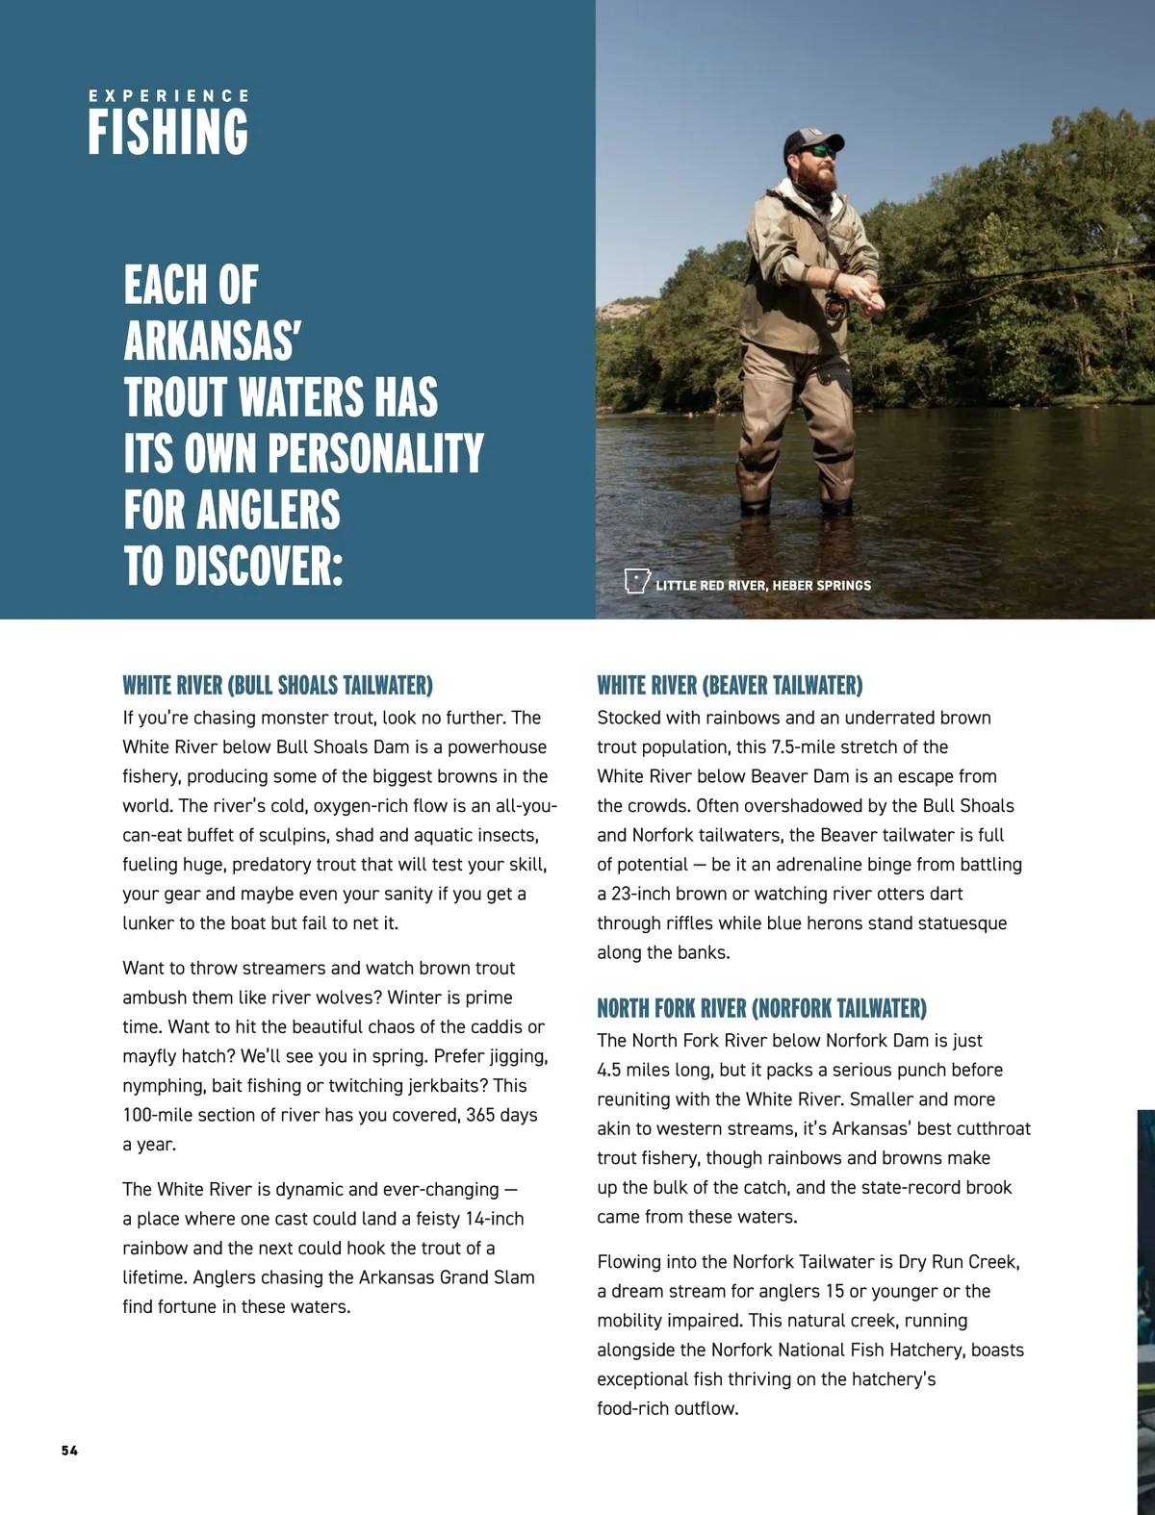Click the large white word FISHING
(x=168, y=133)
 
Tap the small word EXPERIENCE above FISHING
(x=168, y=96)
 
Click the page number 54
(x=69, y=1451)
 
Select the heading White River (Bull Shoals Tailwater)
(x=277, y=686)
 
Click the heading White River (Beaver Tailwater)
(x=730, y=686)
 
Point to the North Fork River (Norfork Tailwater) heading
(x=761, y=1008)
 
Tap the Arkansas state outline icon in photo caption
(x=636, y=581)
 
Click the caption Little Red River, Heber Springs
(x=763, y=585)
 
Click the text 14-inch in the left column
(x=495, y=1219)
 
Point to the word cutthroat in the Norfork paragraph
(x=988, y=1128)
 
